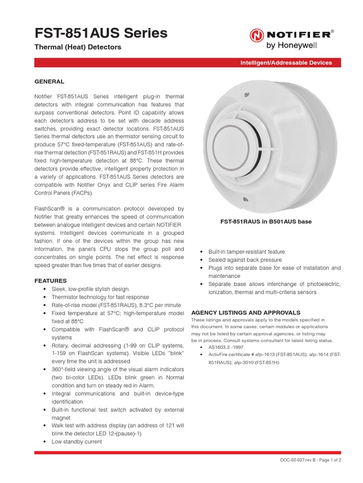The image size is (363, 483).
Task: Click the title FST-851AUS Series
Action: click(x=101, y=33)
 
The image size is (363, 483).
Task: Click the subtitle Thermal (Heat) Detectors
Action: click(x=78, y=47)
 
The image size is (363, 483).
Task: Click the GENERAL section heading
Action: click(x=49, y=82)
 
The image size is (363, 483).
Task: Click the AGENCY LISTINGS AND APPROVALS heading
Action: click(x=245, y=312)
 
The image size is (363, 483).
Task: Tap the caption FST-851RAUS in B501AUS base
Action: click(x=266, y=222)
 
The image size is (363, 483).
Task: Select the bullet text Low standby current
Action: click(x=77, y=442)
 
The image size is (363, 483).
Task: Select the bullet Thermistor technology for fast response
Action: click(x=100, y=297)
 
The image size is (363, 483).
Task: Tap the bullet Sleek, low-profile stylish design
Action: click(x=90, y=289)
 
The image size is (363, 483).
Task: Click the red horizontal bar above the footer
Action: click(x=188, y=452)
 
